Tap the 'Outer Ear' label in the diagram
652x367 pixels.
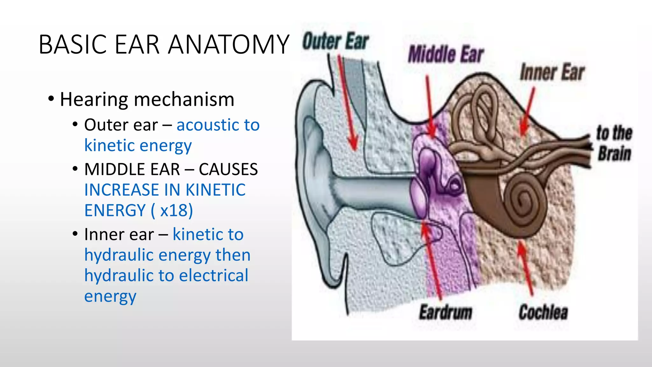tap(336, 41)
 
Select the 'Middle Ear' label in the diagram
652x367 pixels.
tap(446, 54)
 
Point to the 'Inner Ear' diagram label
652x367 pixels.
tap(552, 72)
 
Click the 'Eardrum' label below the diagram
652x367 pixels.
tap(445, 312)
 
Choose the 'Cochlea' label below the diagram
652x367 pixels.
tap(543, 312)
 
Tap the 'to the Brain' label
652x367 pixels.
tap(614, 143)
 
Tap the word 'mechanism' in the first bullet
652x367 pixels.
tap(184, 99)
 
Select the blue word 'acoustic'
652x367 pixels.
tap(208, 125)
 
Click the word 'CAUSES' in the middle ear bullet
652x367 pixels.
tap(228, 169)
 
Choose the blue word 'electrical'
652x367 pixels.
tap(214, 276)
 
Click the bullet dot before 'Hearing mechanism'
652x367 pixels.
tap(51, 99)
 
